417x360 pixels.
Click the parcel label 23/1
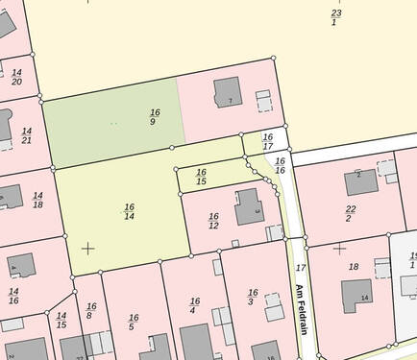(335, 17)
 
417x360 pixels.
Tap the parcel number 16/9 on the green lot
(154, 117)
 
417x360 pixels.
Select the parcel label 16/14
(129, 211)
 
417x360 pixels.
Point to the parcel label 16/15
(201, 176)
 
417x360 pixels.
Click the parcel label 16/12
(213, 221)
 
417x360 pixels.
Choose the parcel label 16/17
(267, 141)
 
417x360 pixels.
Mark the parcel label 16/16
(280, 165)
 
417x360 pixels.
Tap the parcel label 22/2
(351, 213)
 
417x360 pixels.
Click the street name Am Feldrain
(299, 304)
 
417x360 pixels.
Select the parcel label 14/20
(16, 77)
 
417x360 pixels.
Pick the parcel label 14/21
(26, 135)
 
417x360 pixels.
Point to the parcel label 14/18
(37, 200)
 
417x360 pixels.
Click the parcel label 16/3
(253, 298)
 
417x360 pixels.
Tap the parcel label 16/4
(194, 306)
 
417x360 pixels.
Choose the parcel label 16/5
(134, 323)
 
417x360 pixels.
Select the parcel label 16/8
(90, 311)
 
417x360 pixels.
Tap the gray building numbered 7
(228, 92)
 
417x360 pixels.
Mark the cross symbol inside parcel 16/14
(88, 249)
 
